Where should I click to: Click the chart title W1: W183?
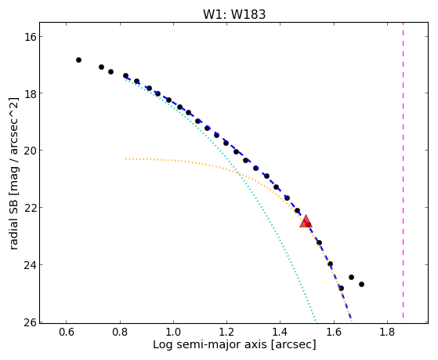(234, 14)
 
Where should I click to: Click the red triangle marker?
(306, 221)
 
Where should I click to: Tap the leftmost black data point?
(79, 60)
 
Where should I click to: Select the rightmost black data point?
(361, 284)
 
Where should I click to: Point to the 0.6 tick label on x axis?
(67, 332)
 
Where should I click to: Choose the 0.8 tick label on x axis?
(120, 332)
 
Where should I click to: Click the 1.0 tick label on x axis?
(173, 332)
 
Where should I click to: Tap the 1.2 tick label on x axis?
(226, 332)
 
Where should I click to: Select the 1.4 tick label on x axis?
(281, 332)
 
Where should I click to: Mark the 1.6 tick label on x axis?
(334, 332)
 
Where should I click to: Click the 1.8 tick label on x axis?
(387, 332)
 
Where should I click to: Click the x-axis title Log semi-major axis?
(210, 345)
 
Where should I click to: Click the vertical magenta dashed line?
(403, 170)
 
